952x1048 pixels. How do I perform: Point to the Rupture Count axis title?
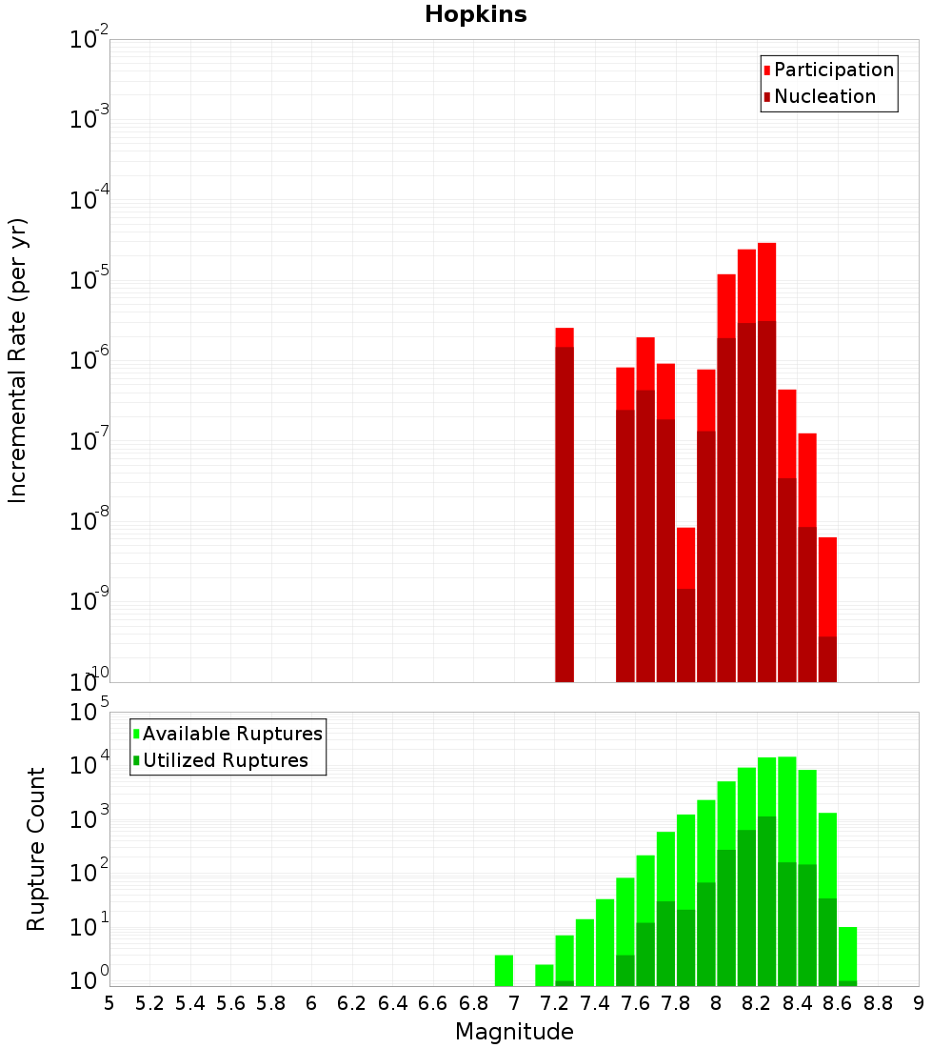(x=36, y=848)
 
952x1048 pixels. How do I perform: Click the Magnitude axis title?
(x=514, y=1032)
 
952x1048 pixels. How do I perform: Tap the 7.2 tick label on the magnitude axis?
(x=554, y=1003)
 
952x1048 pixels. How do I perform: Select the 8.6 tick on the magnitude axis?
(x=838, y=1003)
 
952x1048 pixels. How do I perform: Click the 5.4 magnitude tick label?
(x=190, y=1003)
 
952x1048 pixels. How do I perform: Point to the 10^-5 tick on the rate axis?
(x=89, y=280)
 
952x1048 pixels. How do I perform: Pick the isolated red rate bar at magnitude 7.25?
(x=565, y=505)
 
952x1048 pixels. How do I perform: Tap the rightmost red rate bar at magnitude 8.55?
(x=827, y=610)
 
